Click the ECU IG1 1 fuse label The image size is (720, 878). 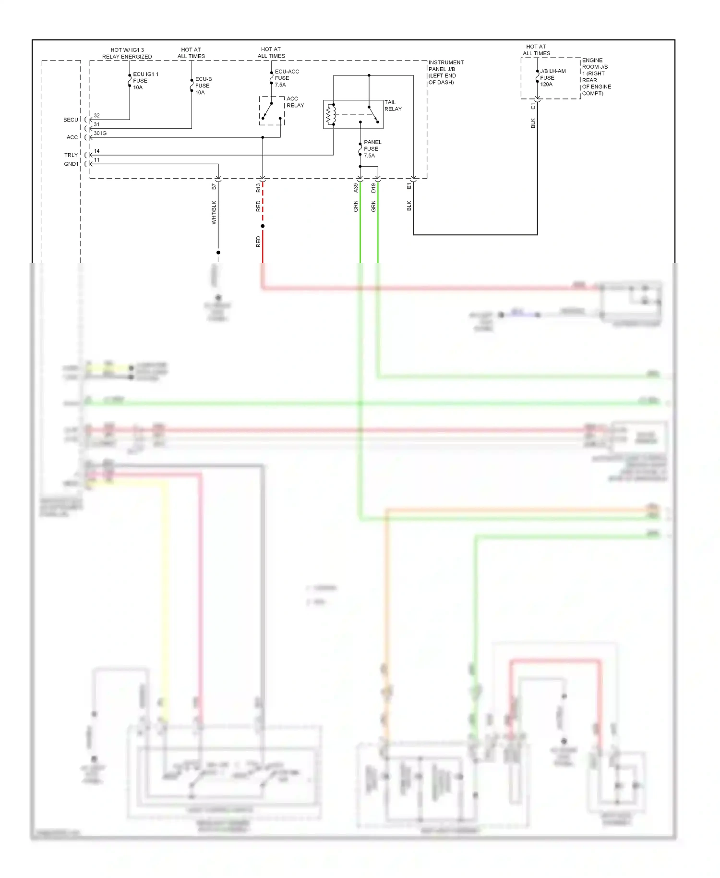[x=145, y=81]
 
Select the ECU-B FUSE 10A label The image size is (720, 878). [x=203, y=85]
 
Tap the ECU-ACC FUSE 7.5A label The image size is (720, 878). [x=287, y=78]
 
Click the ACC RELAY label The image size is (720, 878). [x=295, y=102]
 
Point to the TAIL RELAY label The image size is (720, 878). [x=393, y=106]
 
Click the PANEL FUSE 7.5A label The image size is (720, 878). [x=372, y=149]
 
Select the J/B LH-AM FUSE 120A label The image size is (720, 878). [x=552, y=78]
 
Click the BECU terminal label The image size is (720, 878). [x=71, y=120]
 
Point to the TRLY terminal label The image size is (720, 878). [x=71, y=155]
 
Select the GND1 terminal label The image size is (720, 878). [x=71, y=164]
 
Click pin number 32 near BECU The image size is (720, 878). [x=96, y=116]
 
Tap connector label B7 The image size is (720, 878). [x=214, y=186]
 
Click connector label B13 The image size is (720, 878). [x=258, y=188]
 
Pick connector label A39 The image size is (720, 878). [x=356, y=188]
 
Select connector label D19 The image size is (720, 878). [x=373, y=188]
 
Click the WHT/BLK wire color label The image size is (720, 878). [x=214, y=212]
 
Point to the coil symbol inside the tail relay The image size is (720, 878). [x=329, y=114]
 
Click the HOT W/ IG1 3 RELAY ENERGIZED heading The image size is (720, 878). [x=127, y=53]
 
